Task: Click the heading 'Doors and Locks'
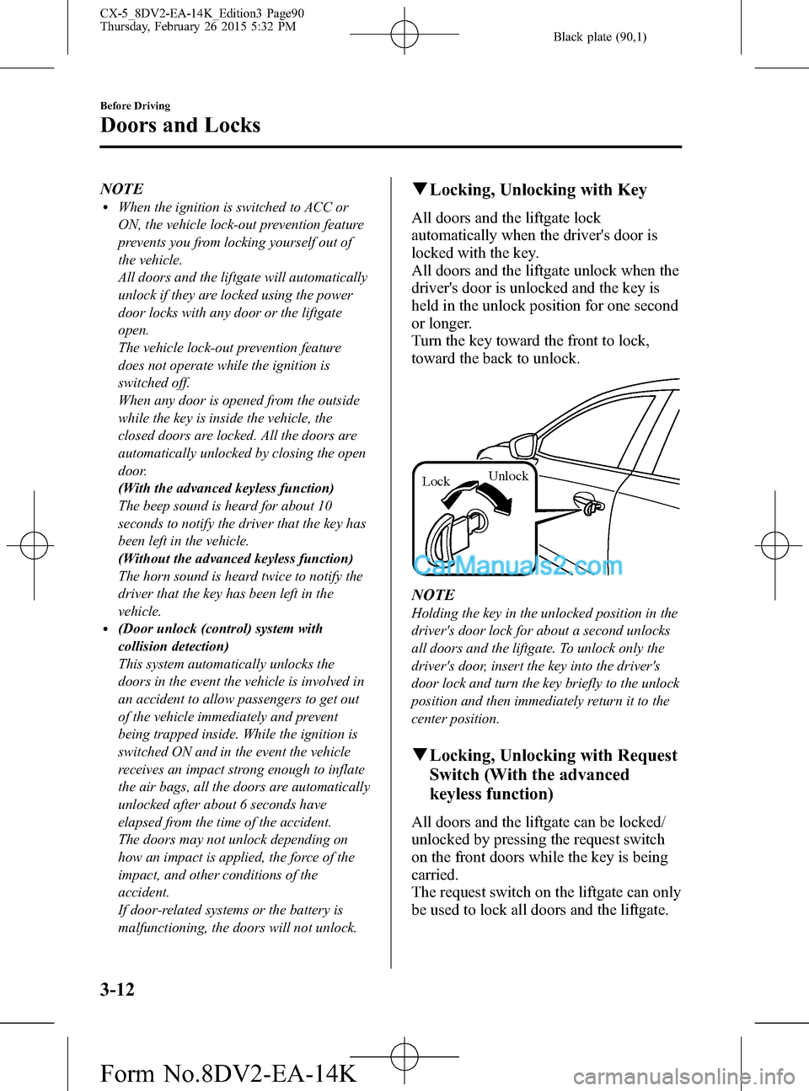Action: click(x=179, y=126)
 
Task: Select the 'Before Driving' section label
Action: click(x=135, y=105)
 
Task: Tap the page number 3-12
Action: click(x=117, y=989)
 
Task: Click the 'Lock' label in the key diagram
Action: click(x=436, y=482)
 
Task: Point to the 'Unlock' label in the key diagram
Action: click(x=508, y=476)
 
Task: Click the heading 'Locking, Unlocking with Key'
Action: click(x=538, y=190)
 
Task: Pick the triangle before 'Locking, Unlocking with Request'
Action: click(x=419, y=756)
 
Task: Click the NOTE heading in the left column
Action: click(x=121, y=189)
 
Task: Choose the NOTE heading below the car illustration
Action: click(x=433, y=595)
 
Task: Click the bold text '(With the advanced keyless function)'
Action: click(x=226, y=489)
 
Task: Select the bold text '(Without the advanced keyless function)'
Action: click(x=235, y=559)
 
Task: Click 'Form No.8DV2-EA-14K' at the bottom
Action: click(x=228, y=1073)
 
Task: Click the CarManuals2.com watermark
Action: click(x=517, y=565)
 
